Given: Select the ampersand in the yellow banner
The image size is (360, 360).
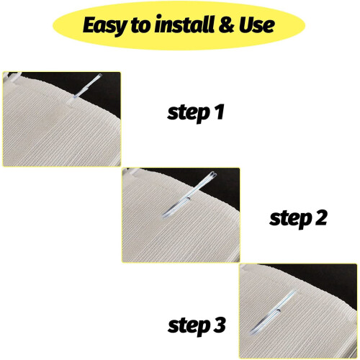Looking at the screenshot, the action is coord(226,24).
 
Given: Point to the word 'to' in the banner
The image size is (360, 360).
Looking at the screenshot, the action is coord(141,25).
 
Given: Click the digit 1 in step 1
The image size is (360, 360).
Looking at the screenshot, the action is coord(220,112).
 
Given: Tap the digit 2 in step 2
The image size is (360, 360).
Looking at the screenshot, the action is coord(321,217).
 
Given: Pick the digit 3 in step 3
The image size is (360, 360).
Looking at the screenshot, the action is coord(219,325).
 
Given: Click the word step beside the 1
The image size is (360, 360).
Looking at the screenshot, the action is coord(188,113).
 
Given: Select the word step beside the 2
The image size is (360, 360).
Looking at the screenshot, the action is coord(290,219).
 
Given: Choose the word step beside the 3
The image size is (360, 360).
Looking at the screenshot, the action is coord(189,326).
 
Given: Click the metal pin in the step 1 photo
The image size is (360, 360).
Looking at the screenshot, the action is coord(87,86).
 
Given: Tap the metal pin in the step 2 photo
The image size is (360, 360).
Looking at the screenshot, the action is coord(189,194).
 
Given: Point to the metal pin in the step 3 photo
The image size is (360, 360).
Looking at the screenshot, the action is coord(272,312).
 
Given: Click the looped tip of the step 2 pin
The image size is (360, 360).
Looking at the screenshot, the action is coord(214,174).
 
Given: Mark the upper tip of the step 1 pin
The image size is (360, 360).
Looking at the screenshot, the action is coord(100,76).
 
